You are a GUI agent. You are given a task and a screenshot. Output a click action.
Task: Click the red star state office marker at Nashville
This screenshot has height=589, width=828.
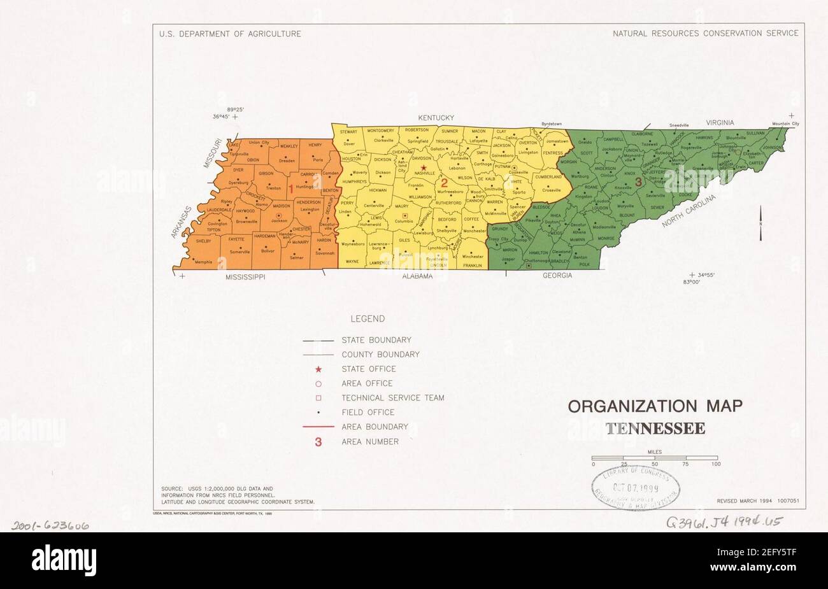424,168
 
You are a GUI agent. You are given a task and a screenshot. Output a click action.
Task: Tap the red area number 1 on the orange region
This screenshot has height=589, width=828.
291,188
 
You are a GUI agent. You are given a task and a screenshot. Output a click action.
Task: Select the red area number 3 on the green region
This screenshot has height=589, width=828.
637,182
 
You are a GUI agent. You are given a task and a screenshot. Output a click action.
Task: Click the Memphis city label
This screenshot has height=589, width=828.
204,262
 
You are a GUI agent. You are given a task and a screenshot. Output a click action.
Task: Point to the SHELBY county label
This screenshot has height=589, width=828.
203,241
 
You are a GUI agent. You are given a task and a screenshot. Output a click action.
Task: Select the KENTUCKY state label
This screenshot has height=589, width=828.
436,118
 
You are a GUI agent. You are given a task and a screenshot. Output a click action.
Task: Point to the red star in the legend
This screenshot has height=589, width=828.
318,369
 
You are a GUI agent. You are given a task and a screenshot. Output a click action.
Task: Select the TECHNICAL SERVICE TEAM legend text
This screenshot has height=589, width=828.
392,398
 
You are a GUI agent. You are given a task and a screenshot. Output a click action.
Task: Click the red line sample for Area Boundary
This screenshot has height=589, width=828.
318,427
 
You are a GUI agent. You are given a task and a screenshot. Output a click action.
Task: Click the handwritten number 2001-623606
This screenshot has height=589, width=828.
51,526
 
